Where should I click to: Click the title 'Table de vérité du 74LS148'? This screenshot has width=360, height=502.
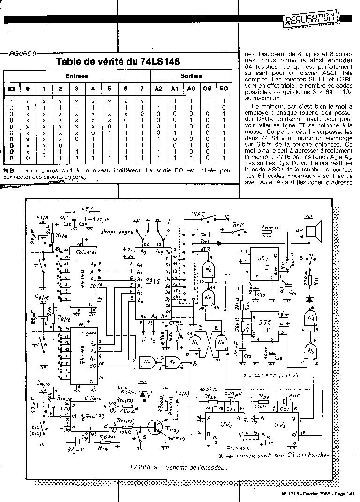118,62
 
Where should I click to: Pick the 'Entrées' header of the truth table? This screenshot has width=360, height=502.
76,76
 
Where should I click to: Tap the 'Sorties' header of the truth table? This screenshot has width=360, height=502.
191,76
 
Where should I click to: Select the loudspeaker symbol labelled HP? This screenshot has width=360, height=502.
313,232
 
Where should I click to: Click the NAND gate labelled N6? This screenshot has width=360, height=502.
208,270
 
